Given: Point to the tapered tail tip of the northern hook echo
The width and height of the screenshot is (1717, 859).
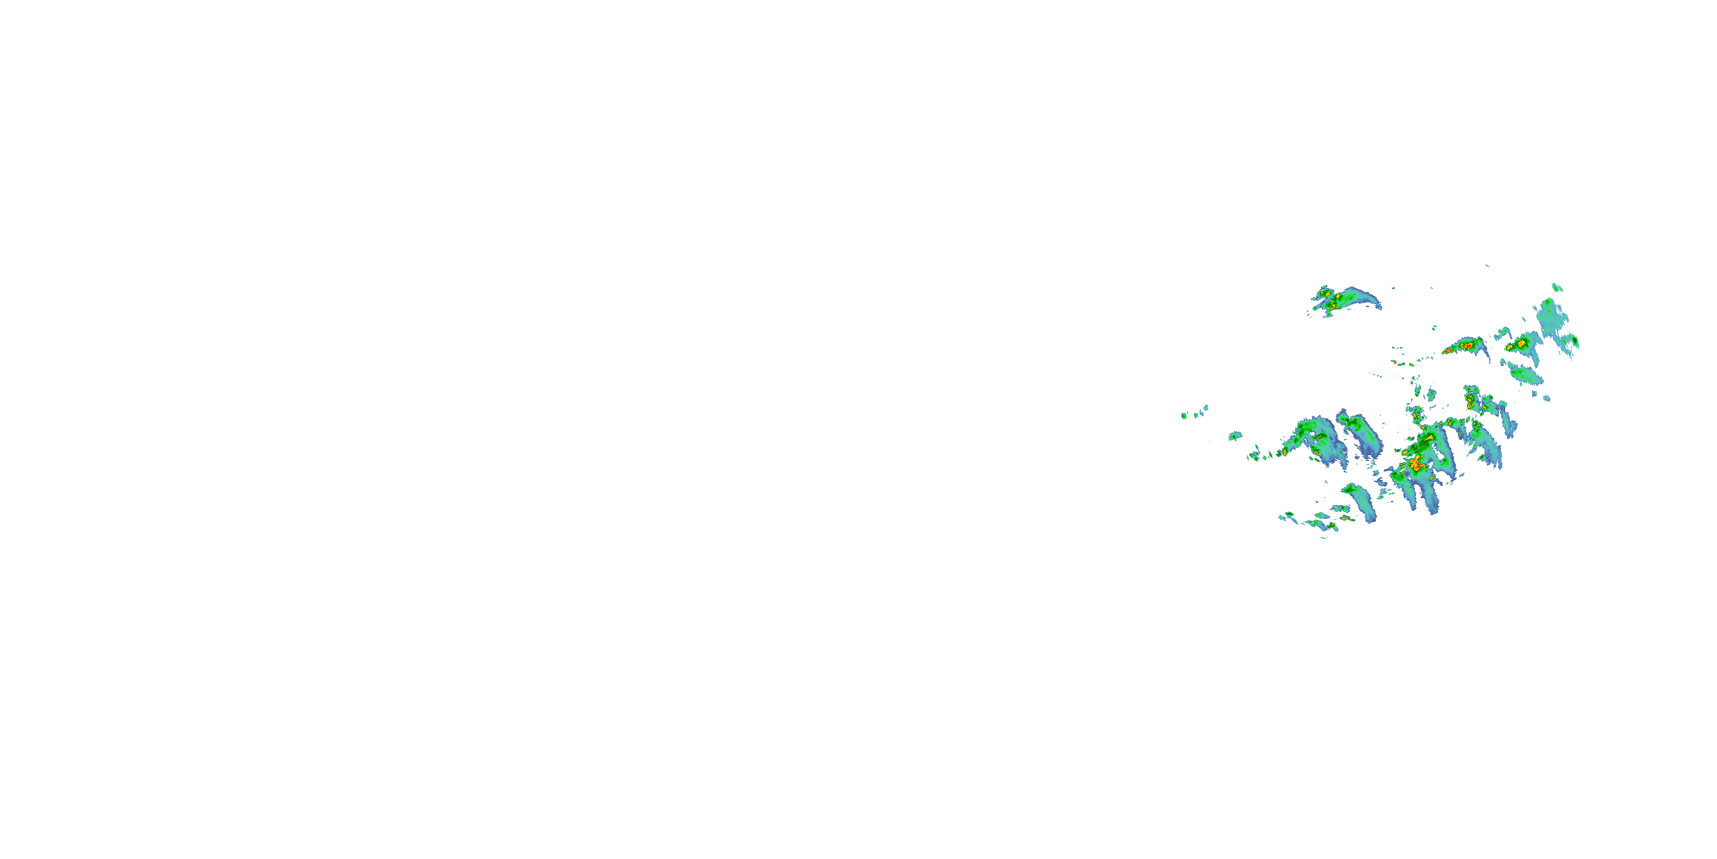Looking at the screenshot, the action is pyautogui.click(x=1378, y=306).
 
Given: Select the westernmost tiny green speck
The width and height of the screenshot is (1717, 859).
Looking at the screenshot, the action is pyautogui.click(x=1184, y=416).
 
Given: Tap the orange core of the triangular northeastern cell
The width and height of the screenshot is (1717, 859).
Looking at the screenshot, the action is pyautogui.click(x=1521, y=344).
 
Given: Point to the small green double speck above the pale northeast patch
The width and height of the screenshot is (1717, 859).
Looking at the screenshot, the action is pyautogui.click(x=1557, y=287).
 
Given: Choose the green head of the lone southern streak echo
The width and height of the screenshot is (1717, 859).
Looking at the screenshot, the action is pyautogui.click(x=1353, y=490).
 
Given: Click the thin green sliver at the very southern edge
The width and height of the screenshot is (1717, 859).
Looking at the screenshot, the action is pyautogui.click(x=1324, y=538).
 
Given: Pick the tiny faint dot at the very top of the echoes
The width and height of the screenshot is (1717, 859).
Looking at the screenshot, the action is pyautogui.click(x=1486, y=266).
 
